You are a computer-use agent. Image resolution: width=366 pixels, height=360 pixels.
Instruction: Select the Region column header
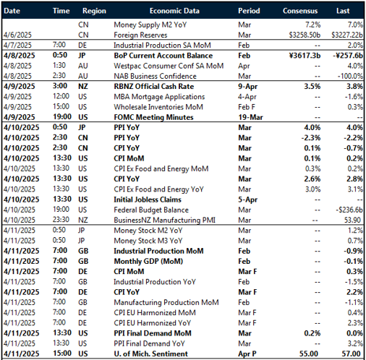point(94,12)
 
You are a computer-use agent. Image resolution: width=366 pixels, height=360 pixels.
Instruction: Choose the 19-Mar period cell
point(250,116)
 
